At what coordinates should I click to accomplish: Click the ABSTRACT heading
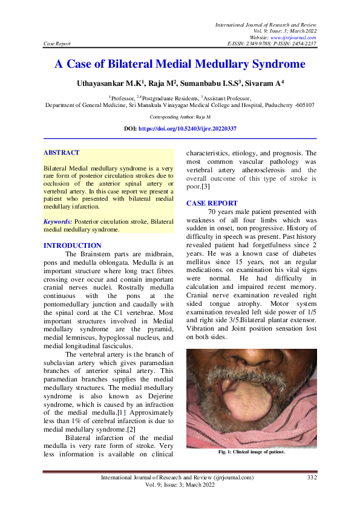(62, 153)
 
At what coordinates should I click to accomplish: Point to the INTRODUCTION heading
(73, 245)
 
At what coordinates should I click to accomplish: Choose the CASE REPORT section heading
(212, 203)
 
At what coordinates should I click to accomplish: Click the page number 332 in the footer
(312, 478)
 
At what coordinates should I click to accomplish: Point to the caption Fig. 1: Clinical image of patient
(251, 452)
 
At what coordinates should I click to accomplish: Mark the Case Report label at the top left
(57, 44)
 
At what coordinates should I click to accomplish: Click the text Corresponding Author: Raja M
(180, 116)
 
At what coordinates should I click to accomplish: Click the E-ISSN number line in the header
(272, 44)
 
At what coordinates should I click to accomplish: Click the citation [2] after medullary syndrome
(129, 429)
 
